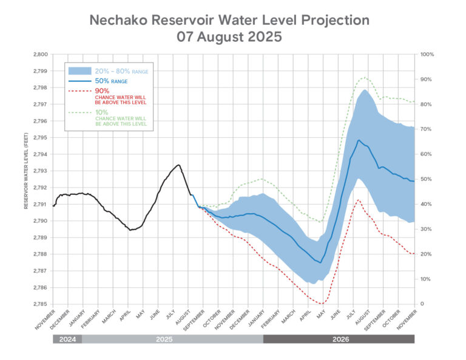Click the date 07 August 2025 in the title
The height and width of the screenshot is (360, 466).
click(229, 36)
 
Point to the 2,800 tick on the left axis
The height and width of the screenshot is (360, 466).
click(39, 55)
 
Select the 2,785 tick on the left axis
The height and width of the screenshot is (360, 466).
click(39, 304)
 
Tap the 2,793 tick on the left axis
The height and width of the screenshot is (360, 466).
click(39, 171)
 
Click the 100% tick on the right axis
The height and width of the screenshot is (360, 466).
click(427, 55)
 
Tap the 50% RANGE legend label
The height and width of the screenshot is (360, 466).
click(110, 81)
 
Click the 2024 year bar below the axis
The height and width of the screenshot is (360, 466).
click(67, 339)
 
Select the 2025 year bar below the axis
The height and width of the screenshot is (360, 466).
click(172, 339)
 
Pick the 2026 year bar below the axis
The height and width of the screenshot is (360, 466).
click(339, 339)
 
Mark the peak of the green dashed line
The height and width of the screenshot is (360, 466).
click(364, 77)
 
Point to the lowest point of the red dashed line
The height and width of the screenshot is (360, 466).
click(322, 304)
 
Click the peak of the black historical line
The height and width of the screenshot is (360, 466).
click(178, 165)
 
